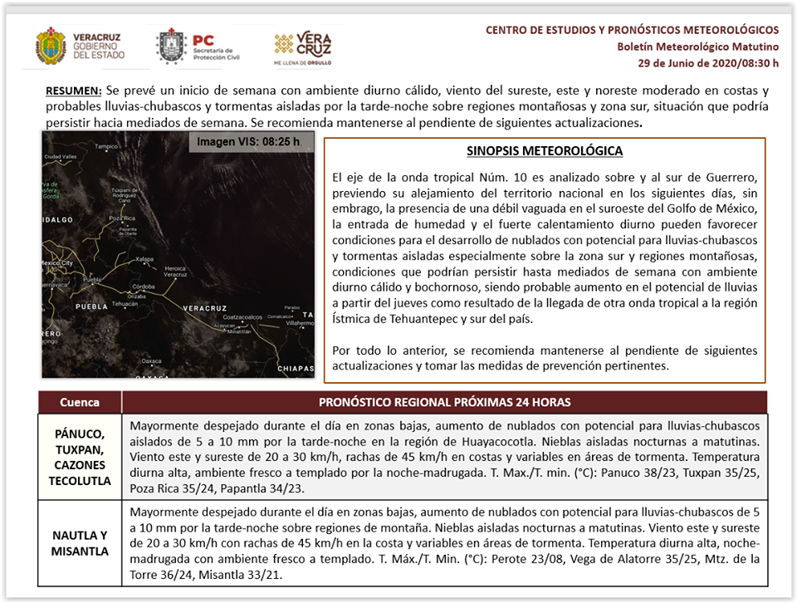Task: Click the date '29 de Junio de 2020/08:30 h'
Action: click(x=708, y=62)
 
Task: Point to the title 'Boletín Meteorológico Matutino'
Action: click(x=697, y=47)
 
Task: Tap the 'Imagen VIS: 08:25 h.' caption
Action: click(x=248, y=142)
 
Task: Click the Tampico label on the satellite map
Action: click(x=106, y=146)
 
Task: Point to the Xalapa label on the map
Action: click(x=144, y=258)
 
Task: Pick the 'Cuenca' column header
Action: click(x=80, y=402)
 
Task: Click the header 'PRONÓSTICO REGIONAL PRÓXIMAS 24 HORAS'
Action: click(x=444, y=402)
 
